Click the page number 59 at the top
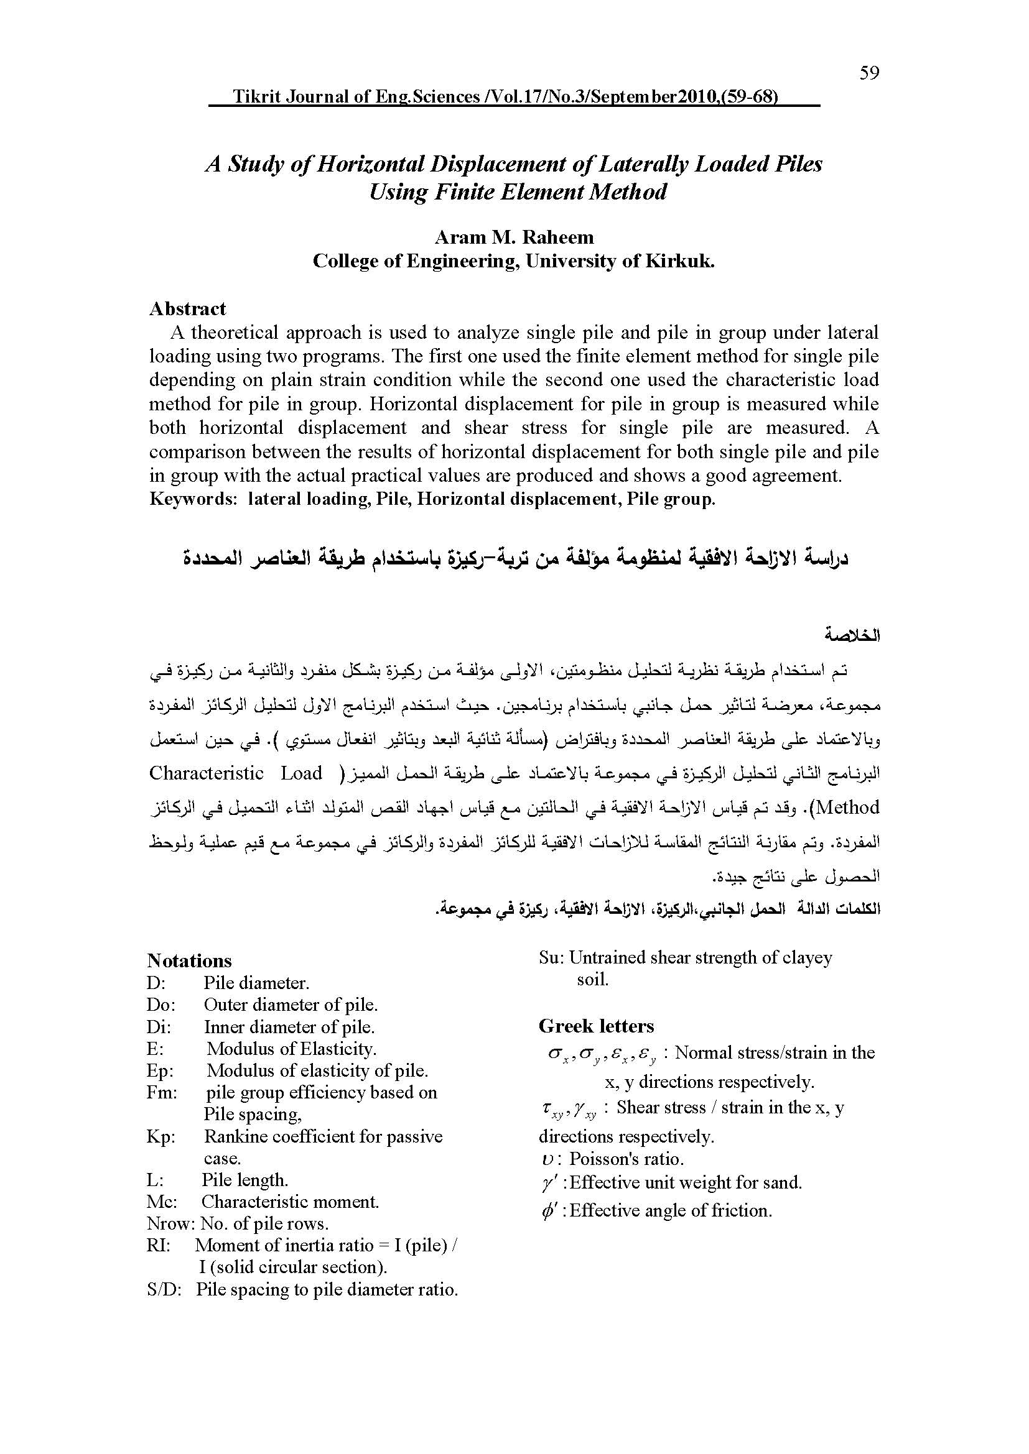869,73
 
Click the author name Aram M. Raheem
514,237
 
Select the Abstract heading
187,308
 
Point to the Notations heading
190,960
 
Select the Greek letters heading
596,1026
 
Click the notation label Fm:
162,1092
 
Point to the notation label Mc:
162,1202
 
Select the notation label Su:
551,957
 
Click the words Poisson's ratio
626,1159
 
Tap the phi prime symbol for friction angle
549,1211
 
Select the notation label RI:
159,1245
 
